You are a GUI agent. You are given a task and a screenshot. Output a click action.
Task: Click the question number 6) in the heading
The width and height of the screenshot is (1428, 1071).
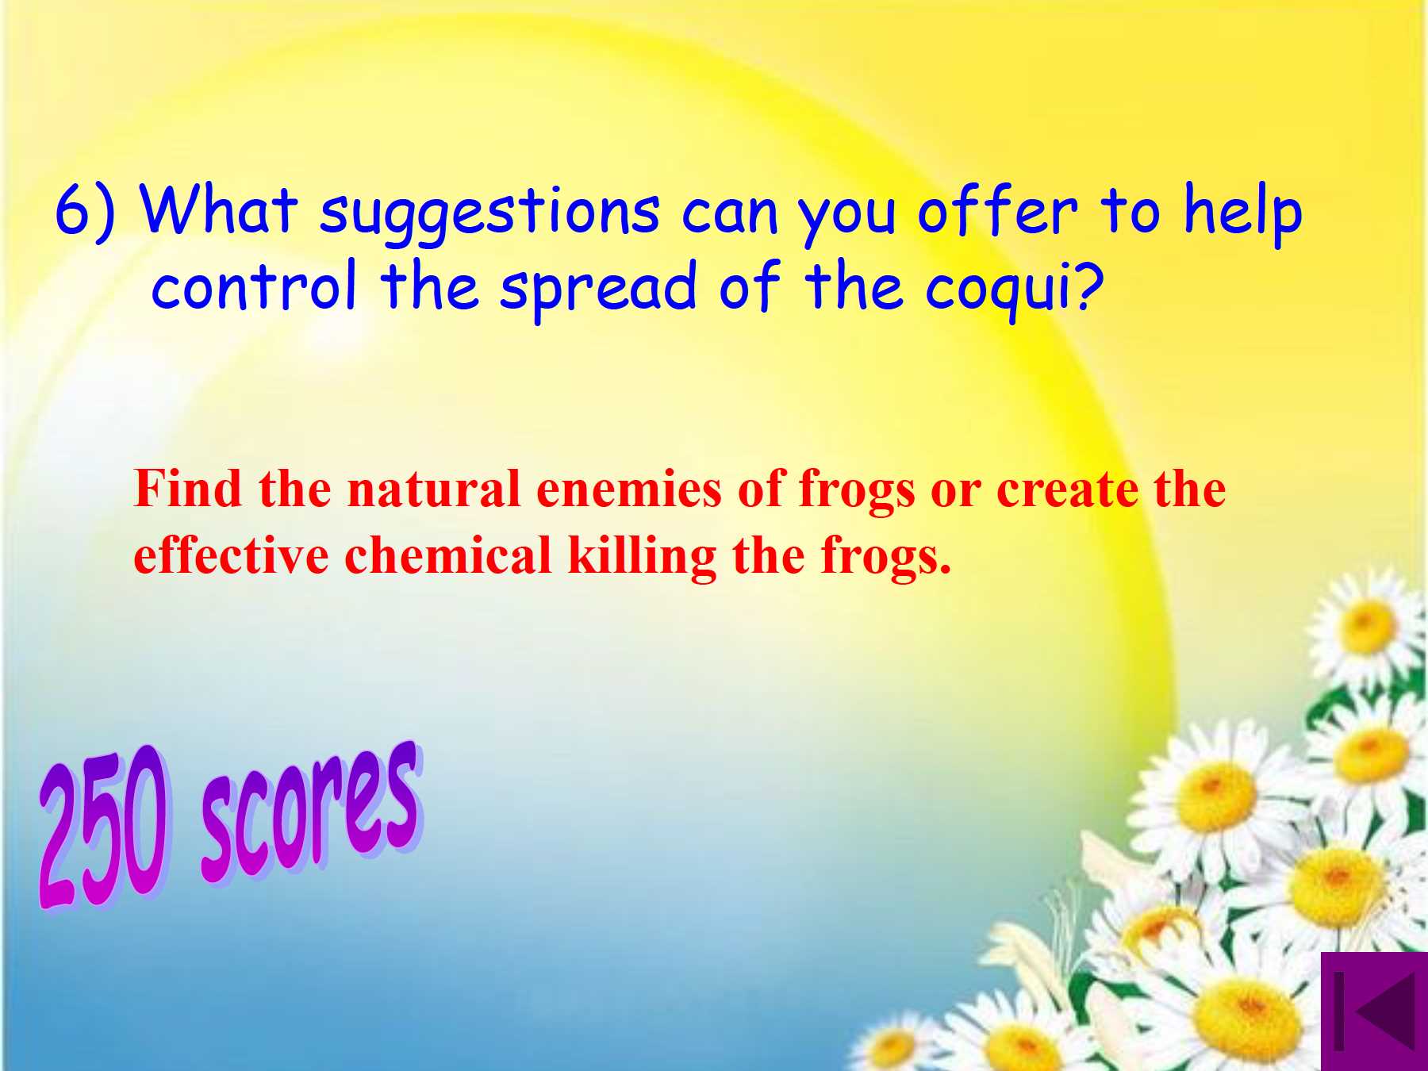coord(86,213)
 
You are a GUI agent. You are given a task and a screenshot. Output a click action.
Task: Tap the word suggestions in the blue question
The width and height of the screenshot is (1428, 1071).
coord(489,216)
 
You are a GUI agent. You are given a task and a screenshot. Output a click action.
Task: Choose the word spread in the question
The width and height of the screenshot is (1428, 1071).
coord(597,289)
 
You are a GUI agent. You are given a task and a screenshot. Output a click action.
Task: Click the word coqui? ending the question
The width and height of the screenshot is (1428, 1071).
coord(1015,289)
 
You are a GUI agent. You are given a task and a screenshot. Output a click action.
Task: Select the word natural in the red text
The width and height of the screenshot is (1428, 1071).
coord(433,489)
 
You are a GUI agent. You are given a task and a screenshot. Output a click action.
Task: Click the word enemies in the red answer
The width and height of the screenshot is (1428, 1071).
coord(629,489)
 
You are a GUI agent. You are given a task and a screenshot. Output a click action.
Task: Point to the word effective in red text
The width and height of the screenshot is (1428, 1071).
coord(231,555)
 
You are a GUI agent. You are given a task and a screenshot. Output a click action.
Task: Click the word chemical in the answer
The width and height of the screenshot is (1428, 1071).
coord(448,555)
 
